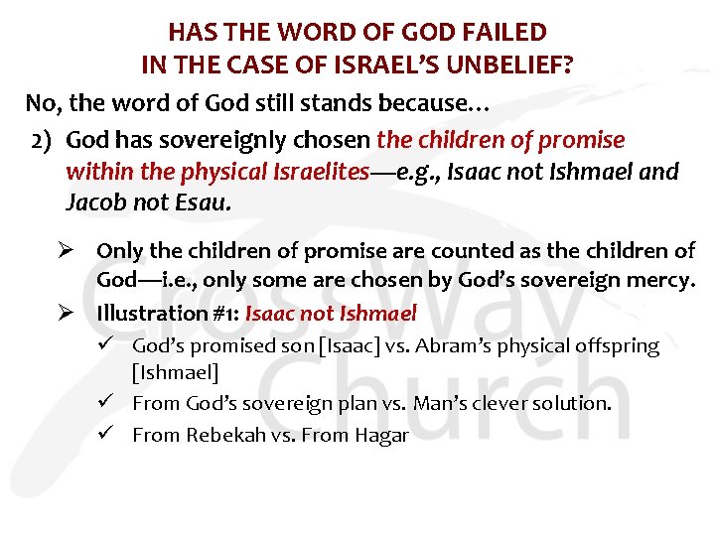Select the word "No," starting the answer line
[x=44, y=102]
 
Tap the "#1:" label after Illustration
[x=223, y=313]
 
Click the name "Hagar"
[x=382, y=436]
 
